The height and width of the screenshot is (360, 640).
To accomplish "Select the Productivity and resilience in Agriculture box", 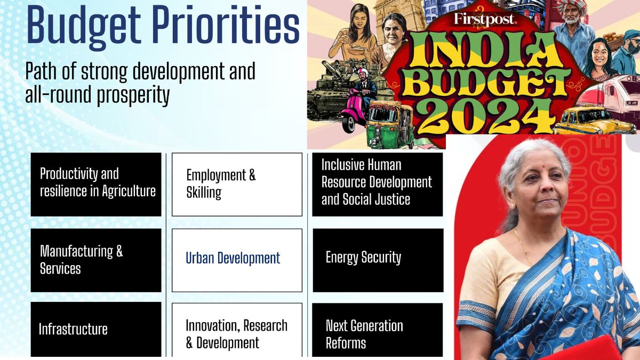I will pos(96,184).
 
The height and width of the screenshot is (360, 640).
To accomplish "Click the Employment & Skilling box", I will pos(237,184).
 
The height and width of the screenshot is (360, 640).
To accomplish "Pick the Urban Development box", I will pos(237,260).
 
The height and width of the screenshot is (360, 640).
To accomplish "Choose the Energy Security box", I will pos(378,260).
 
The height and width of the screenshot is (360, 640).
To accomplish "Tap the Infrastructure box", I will pos(96,329).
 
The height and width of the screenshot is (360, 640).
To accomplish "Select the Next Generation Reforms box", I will pos(378,331).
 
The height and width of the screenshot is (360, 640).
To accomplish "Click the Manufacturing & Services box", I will pos(96,260).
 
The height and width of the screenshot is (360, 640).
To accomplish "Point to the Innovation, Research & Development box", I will pos(237,331).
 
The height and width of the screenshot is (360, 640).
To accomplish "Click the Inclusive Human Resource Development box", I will pos(378,183).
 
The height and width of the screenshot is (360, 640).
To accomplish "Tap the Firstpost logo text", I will pos(484,20).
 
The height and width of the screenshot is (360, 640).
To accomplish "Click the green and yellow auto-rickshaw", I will pos(389,125).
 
